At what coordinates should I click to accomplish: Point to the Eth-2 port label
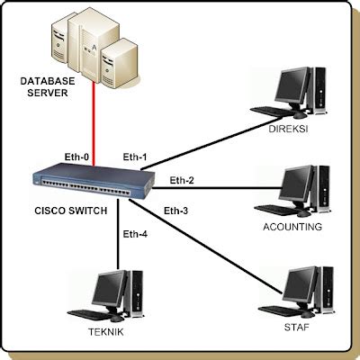pos(182,181)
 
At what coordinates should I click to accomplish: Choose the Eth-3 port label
pos(176,211)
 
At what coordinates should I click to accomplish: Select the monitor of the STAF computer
pos(298,283)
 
